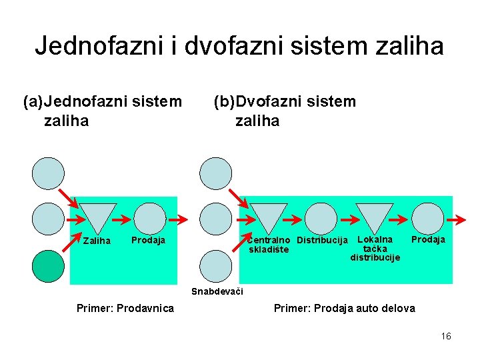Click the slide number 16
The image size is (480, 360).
coord(446,336)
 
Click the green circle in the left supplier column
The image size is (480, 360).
coord(49,266)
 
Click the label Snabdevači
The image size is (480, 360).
coord(217,291)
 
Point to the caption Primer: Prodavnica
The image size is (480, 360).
coord(125,308)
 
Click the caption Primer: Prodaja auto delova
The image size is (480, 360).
coord(344,308)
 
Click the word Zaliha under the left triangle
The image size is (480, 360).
coord(97,241)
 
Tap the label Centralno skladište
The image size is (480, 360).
coord(269,245)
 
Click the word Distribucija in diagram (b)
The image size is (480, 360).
coord(322,240)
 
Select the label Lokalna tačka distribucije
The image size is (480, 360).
coord(375,248)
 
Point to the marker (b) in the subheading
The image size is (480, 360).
coord(224,102)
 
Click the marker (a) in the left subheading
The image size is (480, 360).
coord(33,102)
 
